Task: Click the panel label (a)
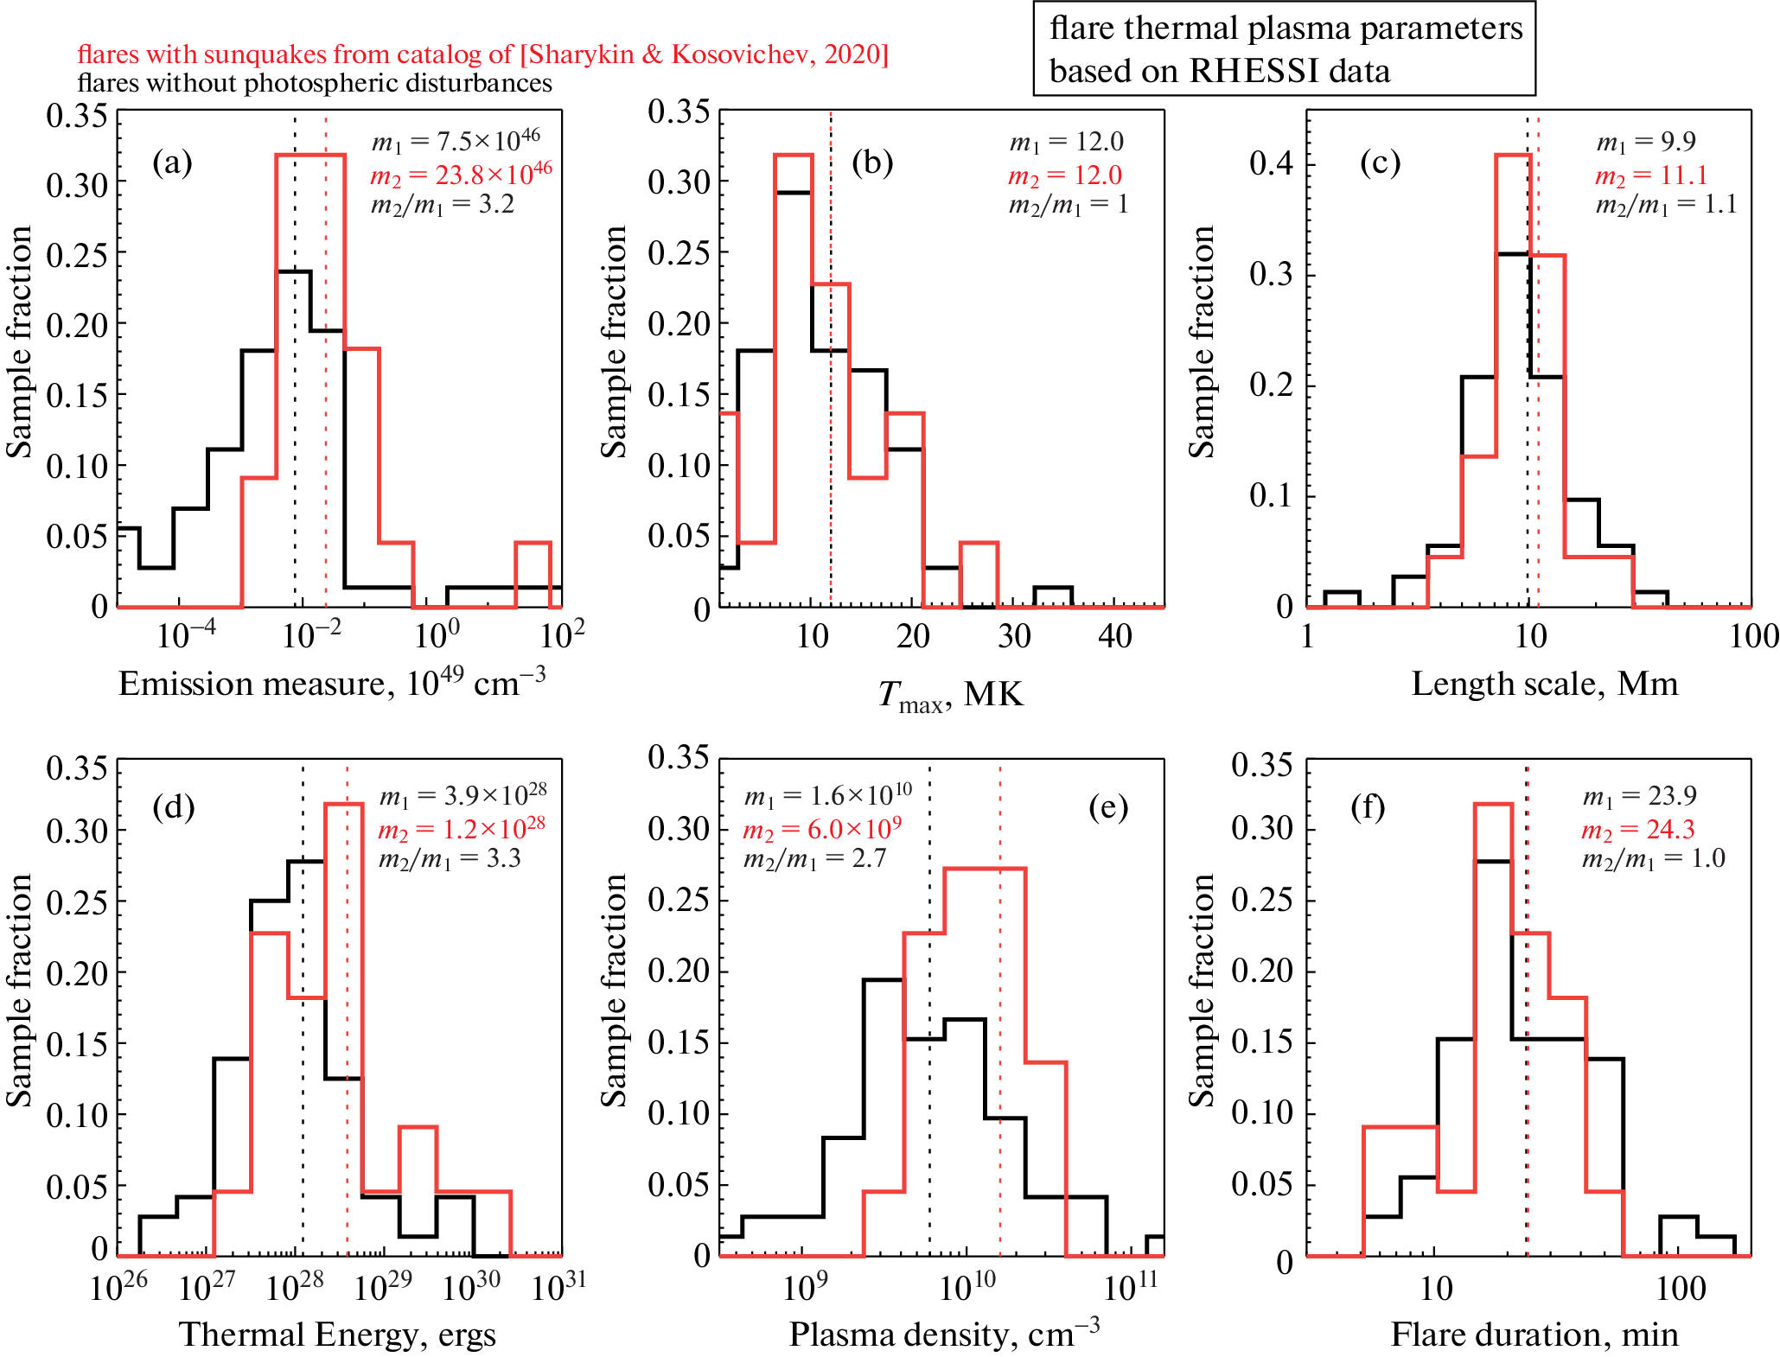click(x=172, y=162)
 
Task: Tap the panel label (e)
click(x=1108, y=807)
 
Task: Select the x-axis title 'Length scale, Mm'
click(x=1544, y=684)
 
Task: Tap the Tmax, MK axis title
click(x=950, y=694)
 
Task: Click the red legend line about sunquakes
click(x=482, y=54)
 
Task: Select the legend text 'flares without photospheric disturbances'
click(x=315, y=83)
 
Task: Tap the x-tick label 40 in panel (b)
click(x=1114, y=637)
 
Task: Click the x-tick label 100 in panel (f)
click(x=1681, y=1289)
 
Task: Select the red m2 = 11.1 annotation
click(x=1651, y=175)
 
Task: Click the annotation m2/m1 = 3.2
click(x=442, y=205)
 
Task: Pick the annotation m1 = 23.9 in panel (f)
click(x=1639, y=795)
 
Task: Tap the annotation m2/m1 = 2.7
click(x=814, y=859)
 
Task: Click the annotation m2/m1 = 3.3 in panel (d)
click(x=450, y=859)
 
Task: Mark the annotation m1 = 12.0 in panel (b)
click(x=1066, y=142)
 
